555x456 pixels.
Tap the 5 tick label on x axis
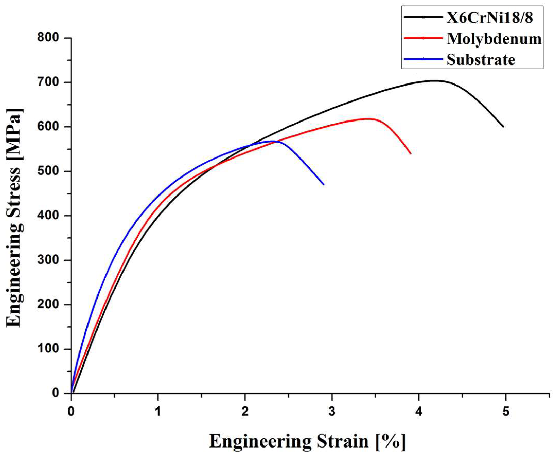tap(506, 412)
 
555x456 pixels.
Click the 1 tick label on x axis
tap(158, 412)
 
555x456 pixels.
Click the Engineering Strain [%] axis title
tap(307, 442)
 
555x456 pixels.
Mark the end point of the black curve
tap(503, 127)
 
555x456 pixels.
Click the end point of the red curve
tap(411, 154)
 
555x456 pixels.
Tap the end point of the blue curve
tap(323, 185)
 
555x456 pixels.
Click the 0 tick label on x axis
tap(71, 412)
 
